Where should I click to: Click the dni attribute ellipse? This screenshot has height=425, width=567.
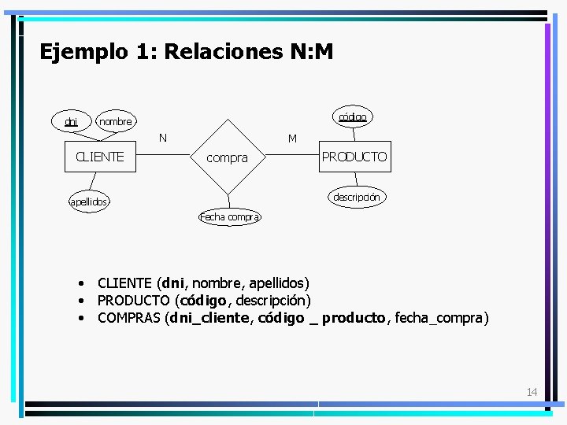(x=72, y=121)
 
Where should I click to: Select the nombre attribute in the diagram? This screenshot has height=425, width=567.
(x=115, y=121)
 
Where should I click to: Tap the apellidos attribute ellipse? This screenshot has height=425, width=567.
(x=87, y=202)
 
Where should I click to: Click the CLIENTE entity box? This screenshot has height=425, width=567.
(x=99, y=157)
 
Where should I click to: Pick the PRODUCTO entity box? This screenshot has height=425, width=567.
(x=354, y=157)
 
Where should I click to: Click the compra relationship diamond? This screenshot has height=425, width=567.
(x=227, y=157)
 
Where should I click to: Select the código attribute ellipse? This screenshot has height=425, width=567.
(x=352, y=116)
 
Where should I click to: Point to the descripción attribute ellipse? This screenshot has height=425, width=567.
(x=356, y=197)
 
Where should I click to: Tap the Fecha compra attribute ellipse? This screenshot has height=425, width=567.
(x=229, y=216)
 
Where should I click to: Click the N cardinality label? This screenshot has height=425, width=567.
(x=162, y=138)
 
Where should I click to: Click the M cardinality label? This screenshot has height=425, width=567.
(x=292, y=139)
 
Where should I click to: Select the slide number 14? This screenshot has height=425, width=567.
(x=532, y=392)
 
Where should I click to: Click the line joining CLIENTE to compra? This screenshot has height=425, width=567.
(x=161, y=157)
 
